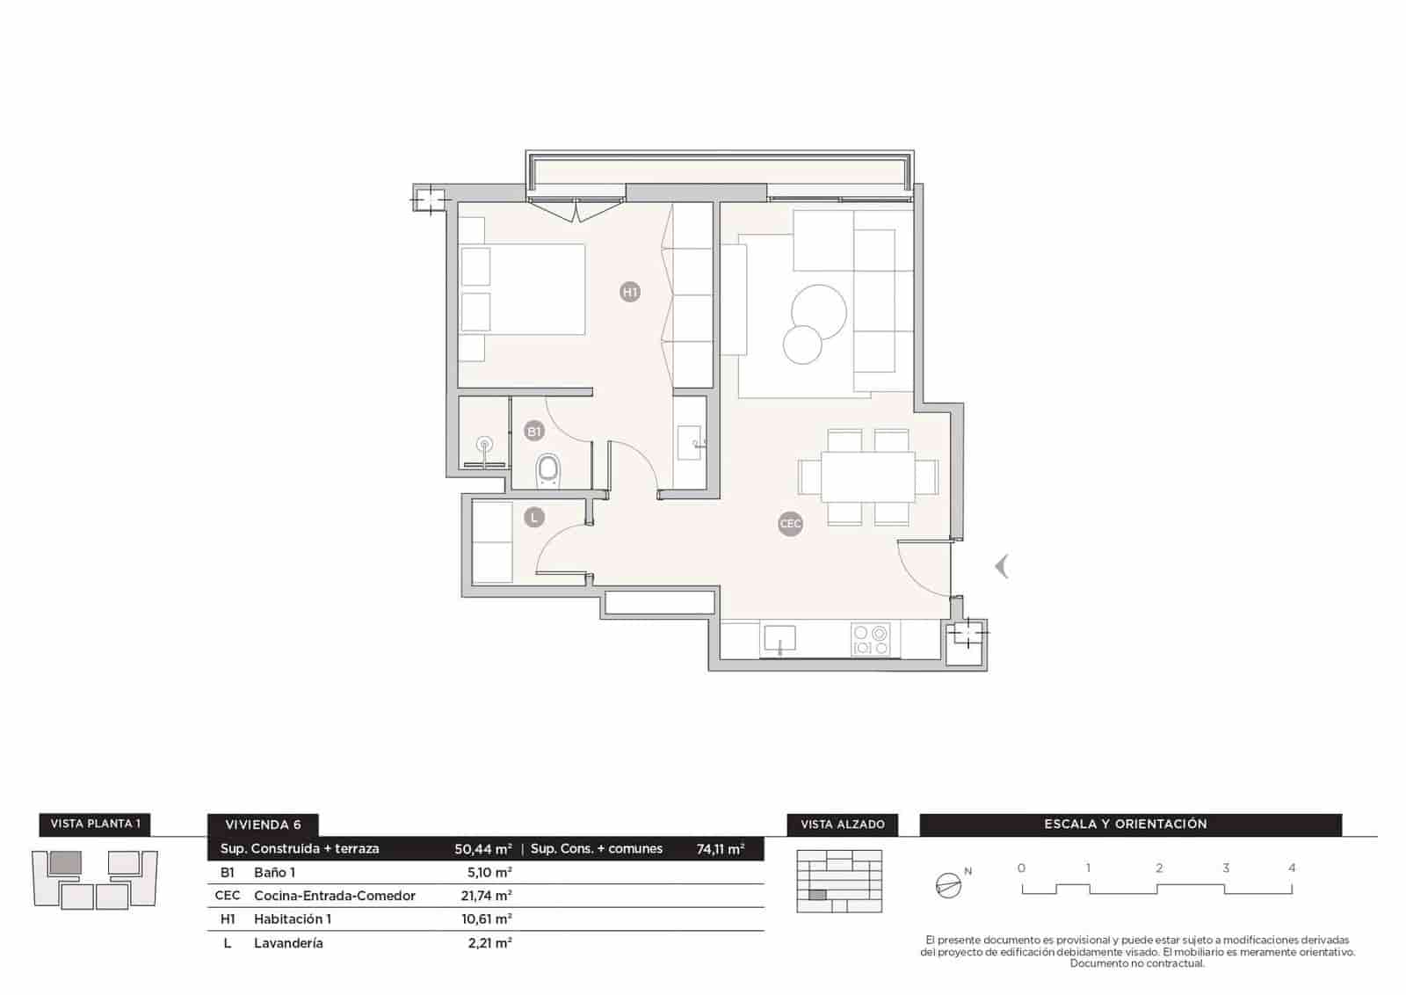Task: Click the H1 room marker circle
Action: coord(629,292)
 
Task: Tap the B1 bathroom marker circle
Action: coord(533,431)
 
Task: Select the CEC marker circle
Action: coord(790,524)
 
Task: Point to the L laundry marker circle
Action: coord(533,518)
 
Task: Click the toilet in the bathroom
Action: coord(548,471)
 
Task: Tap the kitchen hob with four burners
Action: coord(870,639)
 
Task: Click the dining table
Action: coord(867,477)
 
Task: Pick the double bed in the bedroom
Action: coord(523,289)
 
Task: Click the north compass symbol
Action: coord(948,885)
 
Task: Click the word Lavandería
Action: coord(288,943)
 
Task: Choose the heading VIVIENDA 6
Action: coord(263,825)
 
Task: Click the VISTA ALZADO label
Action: coord(842,824)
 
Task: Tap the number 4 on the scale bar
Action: coord(1292,868)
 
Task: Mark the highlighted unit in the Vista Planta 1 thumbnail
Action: coord(65,861)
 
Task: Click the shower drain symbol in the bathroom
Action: coord(484,443)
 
